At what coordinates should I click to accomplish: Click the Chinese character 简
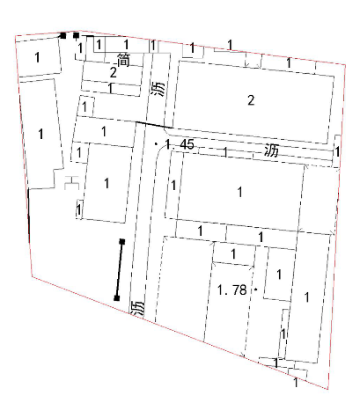pyautogui.click(x=123, y=60)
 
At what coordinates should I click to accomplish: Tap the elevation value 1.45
pyautogui.click(x=180, y=144)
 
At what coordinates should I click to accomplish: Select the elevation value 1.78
pyautogui.click(x=231, y=290)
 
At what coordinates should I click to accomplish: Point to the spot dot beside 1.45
pyautogui.click(x=156, y=143)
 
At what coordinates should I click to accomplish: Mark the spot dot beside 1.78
pyautogui.click(x=256, y=289)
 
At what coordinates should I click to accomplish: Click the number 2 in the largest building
pyautogui.click(x=251, y=100)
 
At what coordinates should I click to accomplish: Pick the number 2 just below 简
pyautogui.click(x=114, y=72)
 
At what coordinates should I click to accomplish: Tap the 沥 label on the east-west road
pyautogui.click(x=271, y=150)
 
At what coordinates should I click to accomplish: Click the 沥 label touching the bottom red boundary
pyautogui.click(x=138, y=308)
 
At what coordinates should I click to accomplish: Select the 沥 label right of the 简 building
pyautogui.click(x=158, y=89)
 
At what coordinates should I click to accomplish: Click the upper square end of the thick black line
pyautogui.click(x=122, y=242)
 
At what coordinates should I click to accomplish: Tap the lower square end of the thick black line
pyautogui.click(x=117, y=298)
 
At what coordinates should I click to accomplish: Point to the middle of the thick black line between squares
pyautogui.click(x=120, y=270)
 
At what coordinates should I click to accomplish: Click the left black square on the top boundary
pyautogui.click(x=63, y=35)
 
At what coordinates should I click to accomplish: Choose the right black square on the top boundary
pyautogui.click(x=76, y=35)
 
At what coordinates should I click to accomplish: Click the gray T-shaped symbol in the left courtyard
pyautogui.click(x=71, y=182)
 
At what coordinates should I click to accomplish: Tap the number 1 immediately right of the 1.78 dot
pyautogui.click(x=279, y=275)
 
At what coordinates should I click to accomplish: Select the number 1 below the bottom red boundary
pyautogui.click(x=296, y=383)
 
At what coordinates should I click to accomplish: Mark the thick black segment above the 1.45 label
pyautogui.click(x=153, y=124)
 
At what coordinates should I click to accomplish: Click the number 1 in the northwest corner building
pyautogui.click(x=37, y=57)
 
